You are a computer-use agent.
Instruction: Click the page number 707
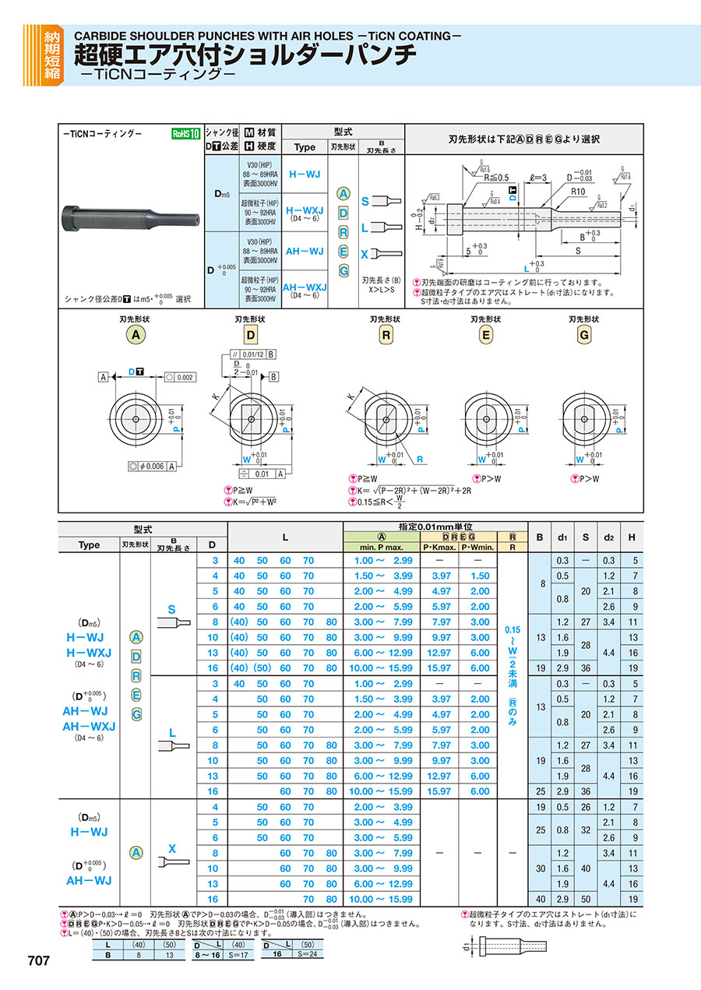click(38, 961)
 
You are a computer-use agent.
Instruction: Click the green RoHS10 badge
click(186, 133)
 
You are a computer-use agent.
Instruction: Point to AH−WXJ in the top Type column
click(305, 286)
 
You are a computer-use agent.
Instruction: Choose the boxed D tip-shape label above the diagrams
click(251, 336)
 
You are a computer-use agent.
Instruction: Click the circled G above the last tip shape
click(583, 335)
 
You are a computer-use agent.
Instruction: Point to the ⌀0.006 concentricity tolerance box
click(150, 466)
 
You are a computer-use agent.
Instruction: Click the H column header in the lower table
click(632, 537)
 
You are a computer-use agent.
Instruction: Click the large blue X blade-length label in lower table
click(172, 849)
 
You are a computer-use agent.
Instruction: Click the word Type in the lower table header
click(89, 544)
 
